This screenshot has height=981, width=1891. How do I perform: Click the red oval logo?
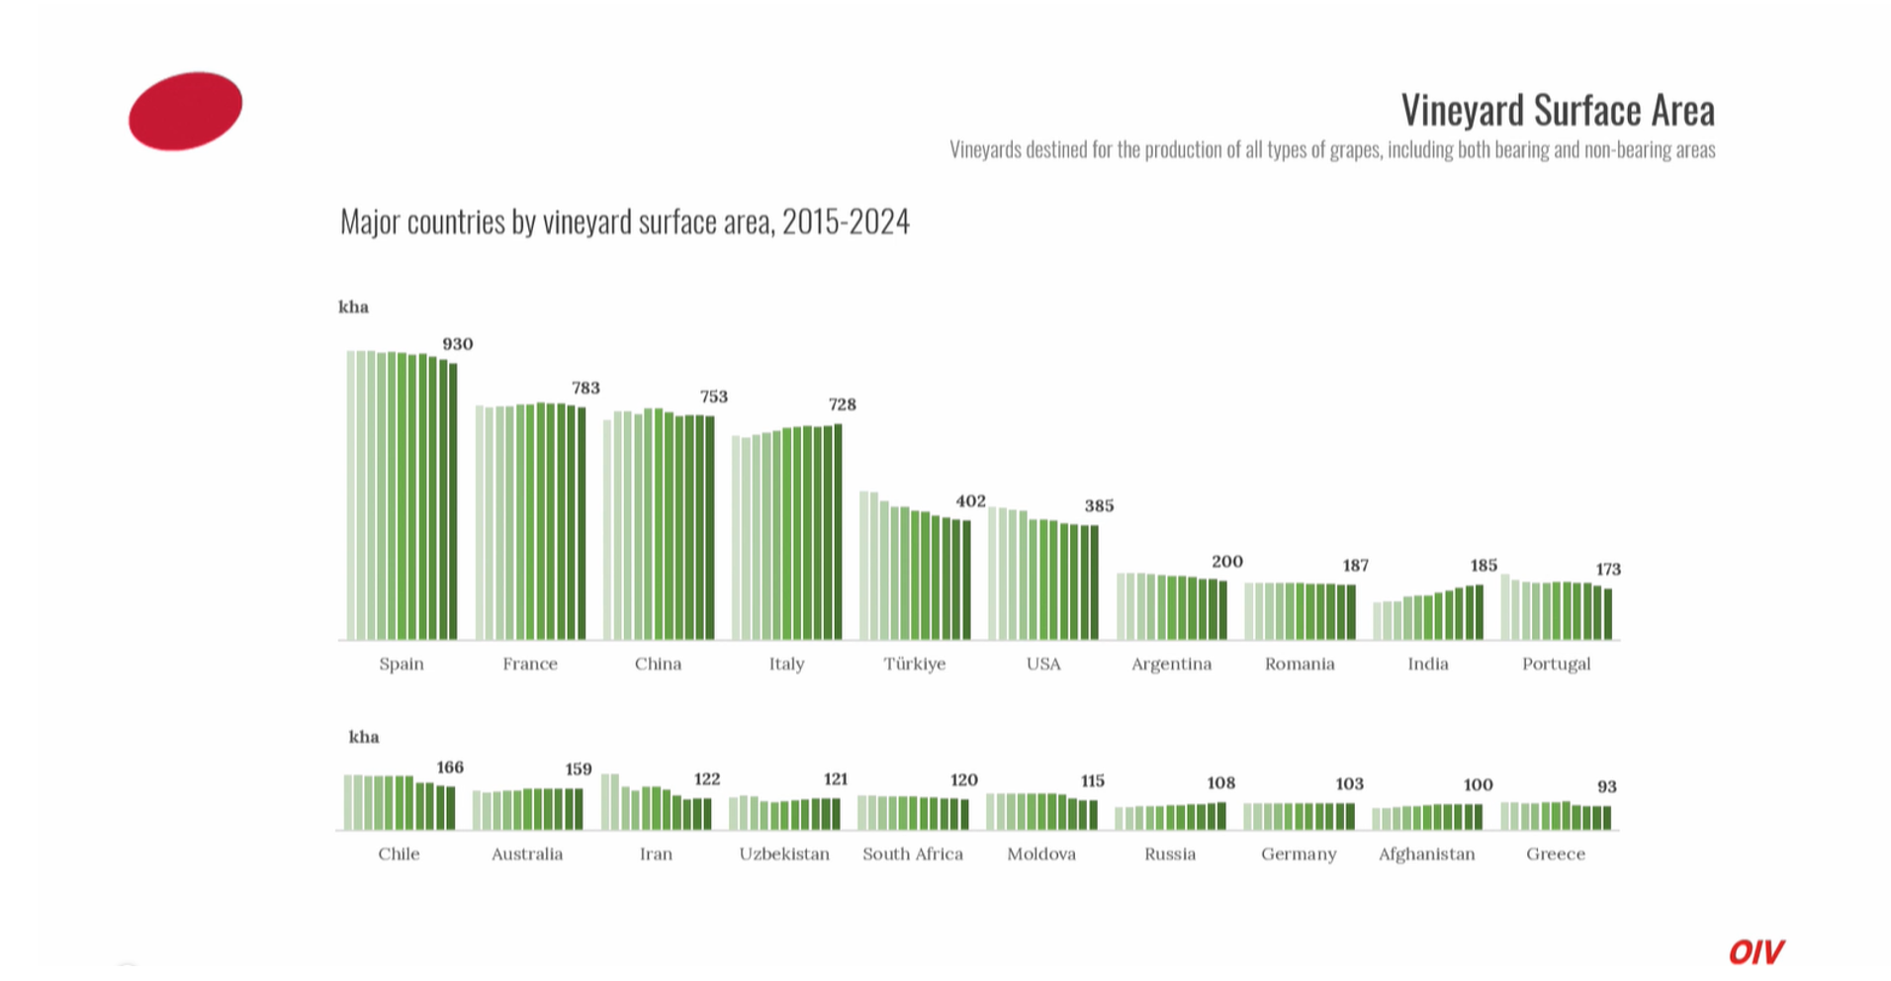pos(185,111)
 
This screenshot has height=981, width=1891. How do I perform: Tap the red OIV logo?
pos(1756,951)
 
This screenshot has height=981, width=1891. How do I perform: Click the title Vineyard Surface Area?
pos(1557,110)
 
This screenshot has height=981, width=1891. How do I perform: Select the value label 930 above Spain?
pos(457,344)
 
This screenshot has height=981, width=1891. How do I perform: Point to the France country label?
pos(529,664)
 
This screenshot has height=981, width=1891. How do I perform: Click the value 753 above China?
pos(713,397)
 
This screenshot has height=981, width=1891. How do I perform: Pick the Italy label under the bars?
pos(786,664)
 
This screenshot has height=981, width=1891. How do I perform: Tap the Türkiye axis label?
pos(914,664)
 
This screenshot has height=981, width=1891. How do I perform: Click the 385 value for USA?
pos(1099,505)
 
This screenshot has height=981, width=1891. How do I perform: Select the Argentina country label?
pos(1171,664)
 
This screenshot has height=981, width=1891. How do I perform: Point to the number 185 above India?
pos(1483,566)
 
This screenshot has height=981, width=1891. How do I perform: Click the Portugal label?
pos(1556,664)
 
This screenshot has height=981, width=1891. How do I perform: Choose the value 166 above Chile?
pos(450,767)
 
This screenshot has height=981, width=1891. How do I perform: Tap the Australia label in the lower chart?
pos(527,853)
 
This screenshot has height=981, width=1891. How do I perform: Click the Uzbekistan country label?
pos(784,853)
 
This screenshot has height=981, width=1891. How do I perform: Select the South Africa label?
pos(912,853)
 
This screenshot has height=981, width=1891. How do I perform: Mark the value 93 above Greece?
pos(1606,786)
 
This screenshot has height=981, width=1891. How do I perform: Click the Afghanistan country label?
pos(1426,853)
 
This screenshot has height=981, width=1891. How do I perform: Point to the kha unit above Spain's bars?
pos(353,307)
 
